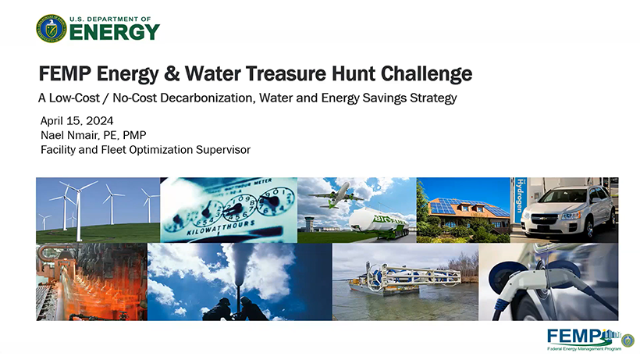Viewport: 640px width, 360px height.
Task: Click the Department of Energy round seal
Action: (51, 29)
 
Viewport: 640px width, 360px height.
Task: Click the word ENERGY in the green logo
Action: (115, 32)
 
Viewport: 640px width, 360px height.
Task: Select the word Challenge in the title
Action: (426, 74)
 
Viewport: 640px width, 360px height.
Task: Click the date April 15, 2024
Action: (76, 121)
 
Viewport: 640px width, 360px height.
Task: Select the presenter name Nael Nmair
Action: (69, 135)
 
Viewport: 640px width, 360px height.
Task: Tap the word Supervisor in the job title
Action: (223, 150)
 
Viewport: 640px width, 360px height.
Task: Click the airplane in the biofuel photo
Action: (336, 196)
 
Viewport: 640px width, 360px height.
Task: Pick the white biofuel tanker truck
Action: (379, 223)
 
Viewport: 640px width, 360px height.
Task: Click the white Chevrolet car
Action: (567, 212)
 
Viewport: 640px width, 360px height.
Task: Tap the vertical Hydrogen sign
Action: (519, 200)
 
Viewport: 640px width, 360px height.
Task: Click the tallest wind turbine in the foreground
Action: (77, 210)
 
